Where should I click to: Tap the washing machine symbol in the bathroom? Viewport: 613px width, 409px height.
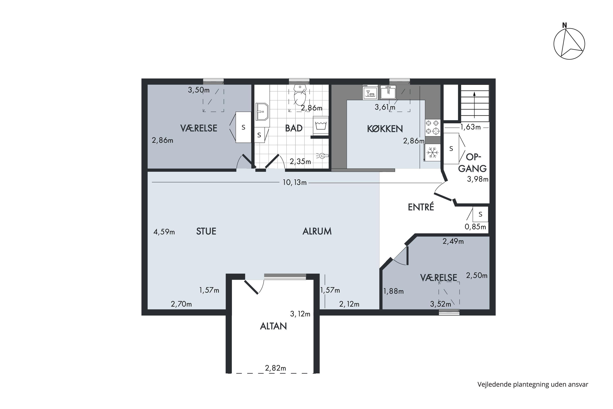(x=321, y=126)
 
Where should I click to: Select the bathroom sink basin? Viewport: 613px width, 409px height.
(x=262, y=111)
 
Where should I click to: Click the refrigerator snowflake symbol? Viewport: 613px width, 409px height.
(x=432, y=152)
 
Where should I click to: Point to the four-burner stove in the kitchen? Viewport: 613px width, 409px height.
(x=432, y=127)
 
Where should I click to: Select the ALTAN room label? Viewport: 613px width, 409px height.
(x=273, y=326)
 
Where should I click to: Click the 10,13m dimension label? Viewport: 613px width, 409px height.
(x=294, y=183)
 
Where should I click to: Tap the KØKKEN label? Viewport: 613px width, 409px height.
(x=385, y=129)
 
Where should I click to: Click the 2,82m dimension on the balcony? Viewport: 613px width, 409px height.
(x=275, y=368)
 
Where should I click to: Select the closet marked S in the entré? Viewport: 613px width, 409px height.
(x=480, y=214)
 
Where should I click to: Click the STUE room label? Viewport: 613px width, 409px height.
(x=206, y=231)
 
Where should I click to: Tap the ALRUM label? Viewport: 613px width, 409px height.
(x=317, y=231)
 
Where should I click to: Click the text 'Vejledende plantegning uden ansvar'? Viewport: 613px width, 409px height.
(x=533, y=384)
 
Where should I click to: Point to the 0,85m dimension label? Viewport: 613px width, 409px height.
(x=475, y=227)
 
